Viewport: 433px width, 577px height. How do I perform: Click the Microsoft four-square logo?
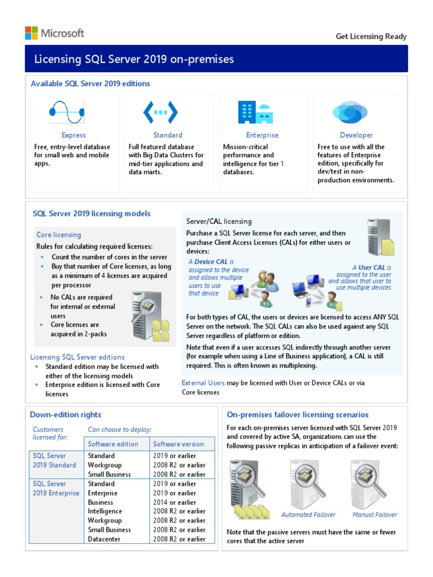click(x=32, y=33)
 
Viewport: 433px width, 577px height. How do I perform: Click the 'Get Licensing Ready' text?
click(x=371, y=36)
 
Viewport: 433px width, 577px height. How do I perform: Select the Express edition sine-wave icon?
click(x=67, y=112)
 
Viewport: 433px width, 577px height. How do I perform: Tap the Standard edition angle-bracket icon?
click(x=161, y=112)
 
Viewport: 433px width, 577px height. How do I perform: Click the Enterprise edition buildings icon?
click(x=255, y=112)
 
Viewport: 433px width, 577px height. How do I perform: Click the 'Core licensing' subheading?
click(x=59, y=234)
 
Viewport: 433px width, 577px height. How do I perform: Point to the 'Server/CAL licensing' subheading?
click(x=219, y=221)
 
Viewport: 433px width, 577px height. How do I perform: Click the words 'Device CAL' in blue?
click(x=211, y=262)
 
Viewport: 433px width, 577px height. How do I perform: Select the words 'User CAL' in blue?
click(x=372, y=268)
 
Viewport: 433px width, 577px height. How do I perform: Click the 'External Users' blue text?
click(x=203, y=383)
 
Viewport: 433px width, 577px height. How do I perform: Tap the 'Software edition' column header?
click(x=113, y=444)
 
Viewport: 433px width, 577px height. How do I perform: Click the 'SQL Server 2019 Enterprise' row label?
click(x=55, y=489)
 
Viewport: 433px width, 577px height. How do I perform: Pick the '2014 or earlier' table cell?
click(x=175, y=502)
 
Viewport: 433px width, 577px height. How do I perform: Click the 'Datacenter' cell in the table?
click(x=104, y=539)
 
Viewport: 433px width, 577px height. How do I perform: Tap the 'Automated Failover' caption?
click(x=308, y=514)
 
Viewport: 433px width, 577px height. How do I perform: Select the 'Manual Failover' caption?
click(x=374, y=514)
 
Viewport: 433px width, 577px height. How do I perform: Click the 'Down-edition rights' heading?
click(x=65, y=415)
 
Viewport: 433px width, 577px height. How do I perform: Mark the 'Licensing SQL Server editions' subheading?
click(x=77, y=357)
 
